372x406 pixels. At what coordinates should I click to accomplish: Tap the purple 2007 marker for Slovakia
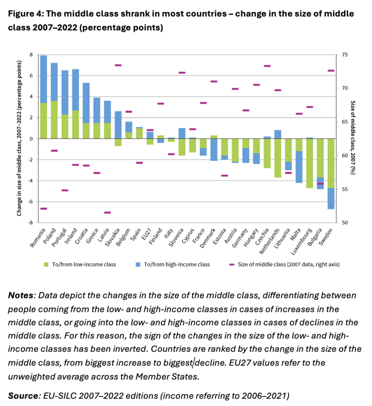(118, 65)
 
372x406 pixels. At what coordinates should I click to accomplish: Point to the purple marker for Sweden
(331, 71)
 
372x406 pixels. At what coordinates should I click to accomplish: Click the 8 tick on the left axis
(31, 55)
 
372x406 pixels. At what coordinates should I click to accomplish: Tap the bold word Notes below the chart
(20, 295)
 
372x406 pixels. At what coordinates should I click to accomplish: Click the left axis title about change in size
(19, 138)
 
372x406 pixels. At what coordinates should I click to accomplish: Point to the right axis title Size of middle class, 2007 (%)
(353, 138)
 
